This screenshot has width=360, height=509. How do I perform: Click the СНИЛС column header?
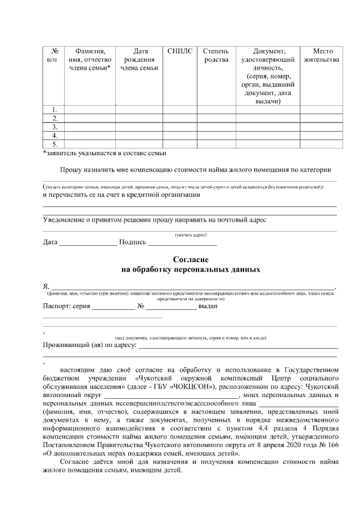tap(179, 51)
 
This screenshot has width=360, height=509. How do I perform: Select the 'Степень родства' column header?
tap(215, 55)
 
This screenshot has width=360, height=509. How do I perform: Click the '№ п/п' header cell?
tap(55, 55)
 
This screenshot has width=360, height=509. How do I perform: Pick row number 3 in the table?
tap(55, 127)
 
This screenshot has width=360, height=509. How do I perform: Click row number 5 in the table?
tap(55, 144)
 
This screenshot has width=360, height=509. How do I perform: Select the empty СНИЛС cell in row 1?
tap(179, 109)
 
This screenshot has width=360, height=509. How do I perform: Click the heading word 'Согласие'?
tap(191, 260)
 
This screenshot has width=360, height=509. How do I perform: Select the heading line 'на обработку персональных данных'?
tap(191, 269)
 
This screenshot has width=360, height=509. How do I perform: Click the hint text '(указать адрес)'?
tap(191, 235)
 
